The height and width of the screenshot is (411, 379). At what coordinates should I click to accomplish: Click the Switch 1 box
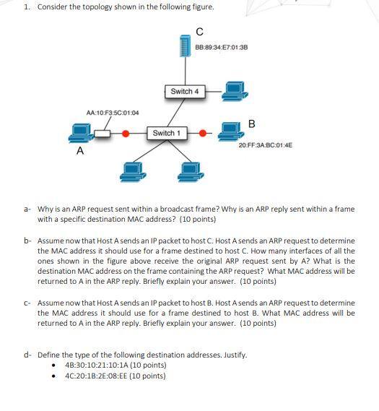point(167,133)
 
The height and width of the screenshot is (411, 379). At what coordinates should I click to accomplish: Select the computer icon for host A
point(80,133)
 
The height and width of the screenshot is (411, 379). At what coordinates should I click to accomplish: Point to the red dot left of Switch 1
point(126,134)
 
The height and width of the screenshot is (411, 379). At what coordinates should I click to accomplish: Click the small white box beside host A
point(105,134)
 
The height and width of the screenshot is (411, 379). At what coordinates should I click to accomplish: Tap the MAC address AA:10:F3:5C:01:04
point(113,113)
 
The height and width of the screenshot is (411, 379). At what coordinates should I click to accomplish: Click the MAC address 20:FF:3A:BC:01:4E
point(265,145)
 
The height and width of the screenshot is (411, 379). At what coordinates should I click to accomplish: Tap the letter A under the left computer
point(80,152)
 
